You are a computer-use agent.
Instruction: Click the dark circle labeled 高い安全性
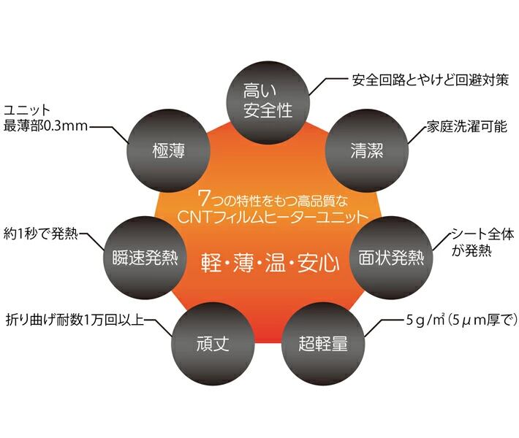coord(268,101)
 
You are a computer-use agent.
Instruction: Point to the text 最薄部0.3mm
coord(46,126)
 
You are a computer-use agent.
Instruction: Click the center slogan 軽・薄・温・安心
coord(270,264)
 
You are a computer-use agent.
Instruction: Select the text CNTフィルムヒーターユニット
coord(270,216)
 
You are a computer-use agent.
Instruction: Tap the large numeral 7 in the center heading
coord(204,197)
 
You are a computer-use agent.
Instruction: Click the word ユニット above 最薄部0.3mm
coord(29,109)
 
